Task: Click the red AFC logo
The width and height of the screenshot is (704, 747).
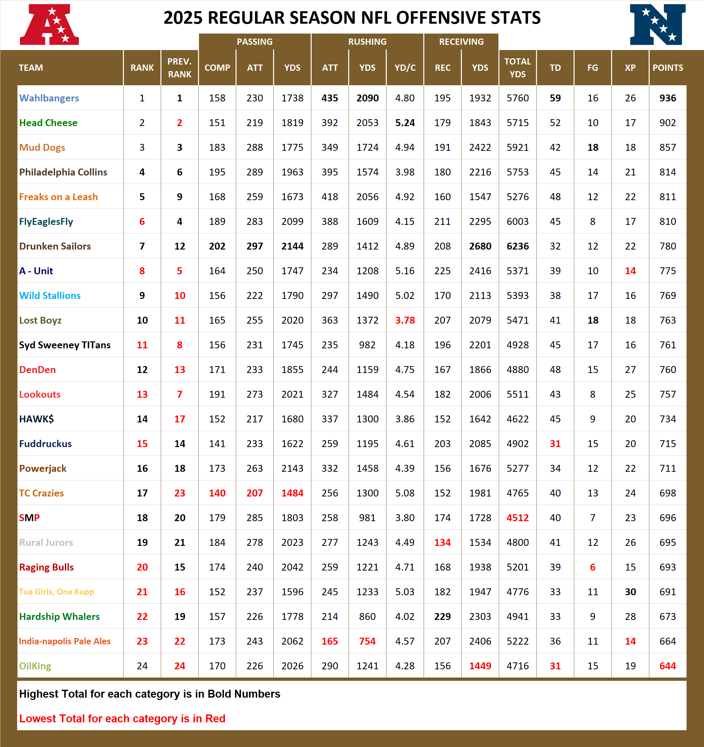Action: [49, 25]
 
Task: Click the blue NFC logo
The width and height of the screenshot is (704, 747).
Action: [657, 25]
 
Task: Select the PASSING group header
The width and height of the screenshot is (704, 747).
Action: [255, 42]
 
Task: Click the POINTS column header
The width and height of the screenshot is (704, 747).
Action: [667, 67]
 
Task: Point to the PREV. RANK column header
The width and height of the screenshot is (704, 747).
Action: [180, 67]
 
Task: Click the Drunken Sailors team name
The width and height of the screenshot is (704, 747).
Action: [55, 246]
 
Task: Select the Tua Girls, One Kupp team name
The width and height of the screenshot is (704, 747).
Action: [56, 592]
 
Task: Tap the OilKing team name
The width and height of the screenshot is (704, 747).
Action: [35, 666]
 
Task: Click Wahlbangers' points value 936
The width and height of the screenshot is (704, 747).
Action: [667, 98]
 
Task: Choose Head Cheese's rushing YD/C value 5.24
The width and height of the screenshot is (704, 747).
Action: [405, 123]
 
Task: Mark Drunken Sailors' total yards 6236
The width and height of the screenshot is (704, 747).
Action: [518, 246]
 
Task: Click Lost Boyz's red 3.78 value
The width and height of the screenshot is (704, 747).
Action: [405, 320]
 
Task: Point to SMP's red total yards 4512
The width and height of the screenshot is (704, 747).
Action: [518, 518]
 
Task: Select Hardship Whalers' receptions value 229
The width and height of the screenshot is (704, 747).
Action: [442, 617]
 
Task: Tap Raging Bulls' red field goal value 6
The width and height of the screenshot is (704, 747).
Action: [593, 567]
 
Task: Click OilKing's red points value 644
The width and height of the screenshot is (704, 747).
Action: [667, 666]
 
